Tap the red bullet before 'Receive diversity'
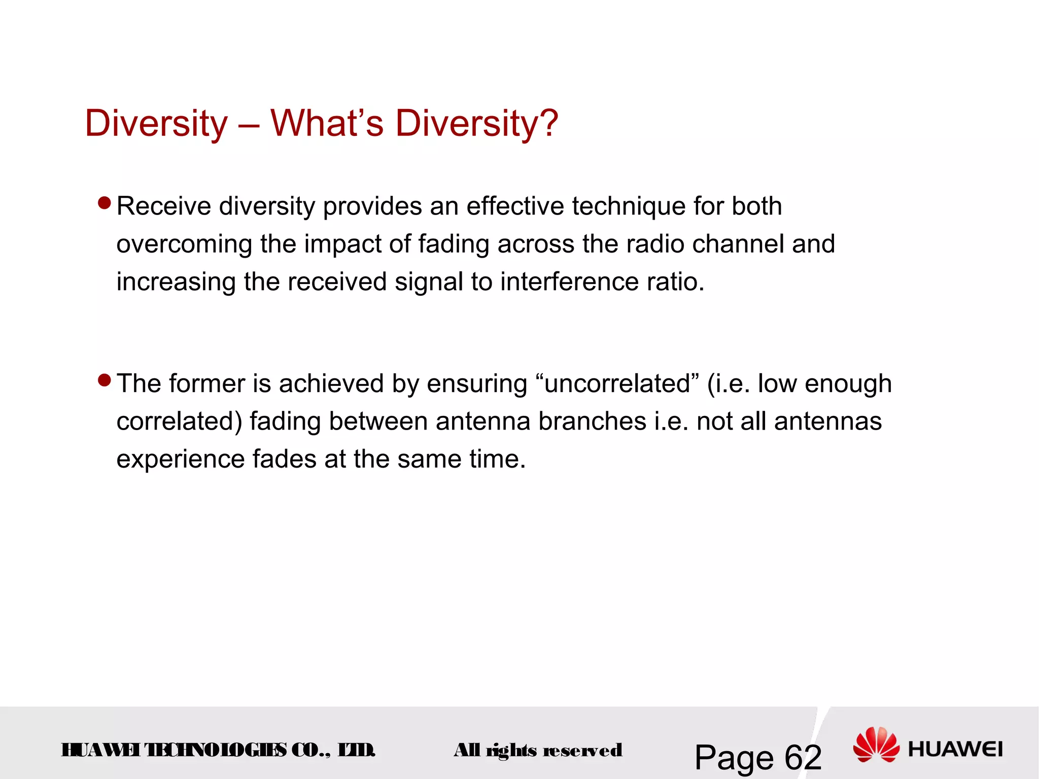click(105, 203)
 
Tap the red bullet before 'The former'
click(105, 380)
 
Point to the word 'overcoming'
click(184, 244)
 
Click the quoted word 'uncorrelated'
click(617, 383)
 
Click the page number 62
click(803, 758)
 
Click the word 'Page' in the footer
click(733, 758)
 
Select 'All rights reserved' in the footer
click(538, 750)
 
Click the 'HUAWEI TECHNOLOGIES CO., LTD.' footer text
click(218, 750)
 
